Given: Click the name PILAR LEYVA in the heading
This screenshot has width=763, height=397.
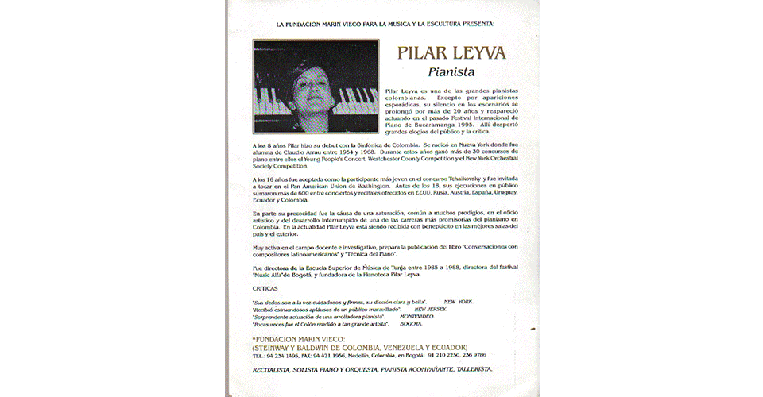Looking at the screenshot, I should pyautogui.click(x=450, y=55).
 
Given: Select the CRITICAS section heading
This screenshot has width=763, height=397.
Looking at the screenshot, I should pyautogui.click(x=265, y=289).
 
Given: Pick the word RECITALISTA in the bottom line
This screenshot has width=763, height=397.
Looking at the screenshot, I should pyautogui.click(x=275, y=370).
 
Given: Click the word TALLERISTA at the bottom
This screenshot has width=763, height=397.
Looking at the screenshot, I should pyautogui.click(x=471, y=370).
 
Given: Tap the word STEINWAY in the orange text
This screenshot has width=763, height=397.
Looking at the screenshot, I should pyautogui.click(x=277, y=347).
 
